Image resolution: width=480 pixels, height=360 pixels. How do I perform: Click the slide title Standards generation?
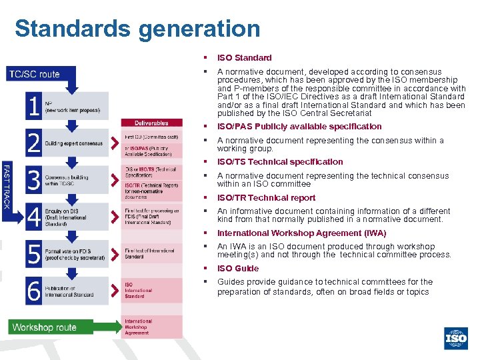137,29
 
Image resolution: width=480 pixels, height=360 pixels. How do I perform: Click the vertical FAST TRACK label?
6,185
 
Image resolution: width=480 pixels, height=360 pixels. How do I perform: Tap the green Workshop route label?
44,327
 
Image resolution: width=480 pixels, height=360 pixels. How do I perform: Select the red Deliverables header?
151,123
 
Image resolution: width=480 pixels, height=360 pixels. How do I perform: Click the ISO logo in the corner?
456,339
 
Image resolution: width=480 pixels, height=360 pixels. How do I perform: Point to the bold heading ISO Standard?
245,58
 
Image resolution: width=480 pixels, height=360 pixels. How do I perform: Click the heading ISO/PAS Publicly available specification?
299,127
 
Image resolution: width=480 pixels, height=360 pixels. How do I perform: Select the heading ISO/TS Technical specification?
280,162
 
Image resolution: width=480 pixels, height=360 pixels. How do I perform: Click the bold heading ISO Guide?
238,269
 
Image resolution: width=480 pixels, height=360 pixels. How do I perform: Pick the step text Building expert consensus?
73,143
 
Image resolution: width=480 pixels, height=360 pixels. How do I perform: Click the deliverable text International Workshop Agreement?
139,327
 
